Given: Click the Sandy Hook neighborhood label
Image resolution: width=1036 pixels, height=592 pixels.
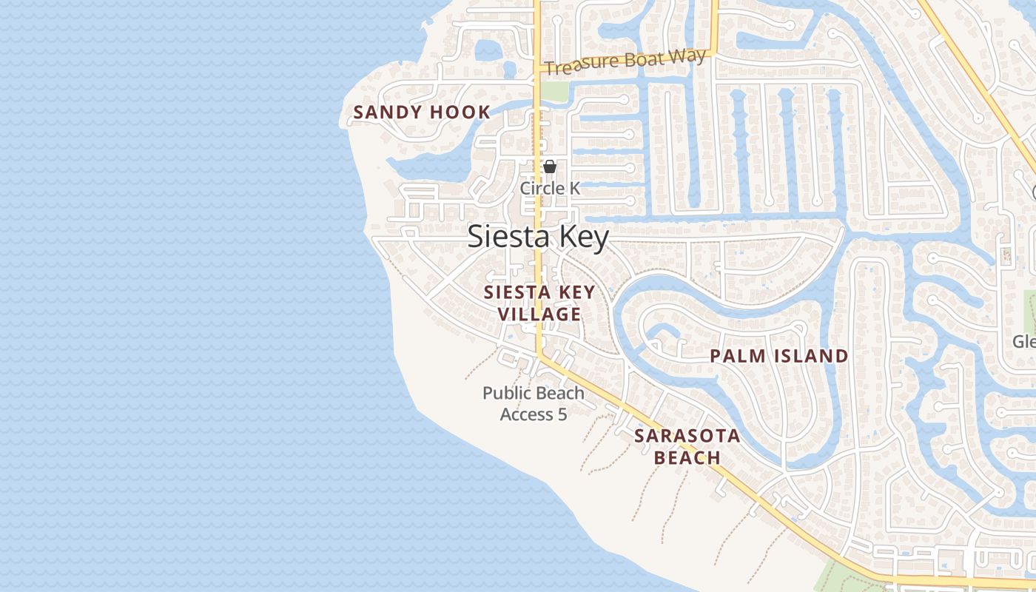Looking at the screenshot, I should (x=422, y=112).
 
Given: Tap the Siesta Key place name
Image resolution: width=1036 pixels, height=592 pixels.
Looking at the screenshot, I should (x=539, y=238).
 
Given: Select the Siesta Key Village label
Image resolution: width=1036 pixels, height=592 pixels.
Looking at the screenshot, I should (x=539, y=303).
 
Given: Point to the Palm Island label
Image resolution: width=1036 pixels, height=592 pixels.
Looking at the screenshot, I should (x=779, y=356).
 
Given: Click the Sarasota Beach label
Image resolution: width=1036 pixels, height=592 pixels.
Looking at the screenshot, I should (x=687, y=446).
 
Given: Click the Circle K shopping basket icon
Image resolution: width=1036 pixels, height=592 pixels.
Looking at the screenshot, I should (x=550, y=167).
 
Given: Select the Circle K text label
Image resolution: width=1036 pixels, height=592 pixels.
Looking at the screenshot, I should (x=550, y=188).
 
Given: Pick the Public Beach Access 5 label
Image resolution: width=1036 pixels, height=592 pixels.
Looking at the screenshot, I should (x=534, y=403).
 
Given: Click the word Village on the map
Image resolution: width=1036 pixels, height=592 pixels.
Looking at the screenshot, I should (x=539, y=314).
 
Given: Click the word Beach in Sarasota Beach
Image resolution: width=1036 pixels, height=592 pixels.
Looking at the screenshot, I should (x=687, y=457).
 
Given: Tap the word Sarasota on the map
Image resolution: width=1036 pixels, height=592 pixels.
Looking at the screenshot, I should (x=687, y=436).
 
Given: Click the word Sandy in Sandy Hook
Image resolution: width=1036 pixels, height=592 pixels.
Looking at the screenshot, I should (x=386, y=112).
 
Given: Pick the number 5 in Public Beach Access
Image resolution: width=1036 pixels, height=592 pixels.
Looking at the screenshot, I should (x=562, y=414).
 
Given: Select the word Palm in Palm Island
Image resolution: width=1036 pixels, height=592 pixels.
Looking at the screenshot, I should (x=735, y=356).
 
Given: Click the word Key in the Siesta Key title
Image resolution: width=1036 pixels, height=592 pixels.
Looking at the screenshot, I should (x=584, y=238).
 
